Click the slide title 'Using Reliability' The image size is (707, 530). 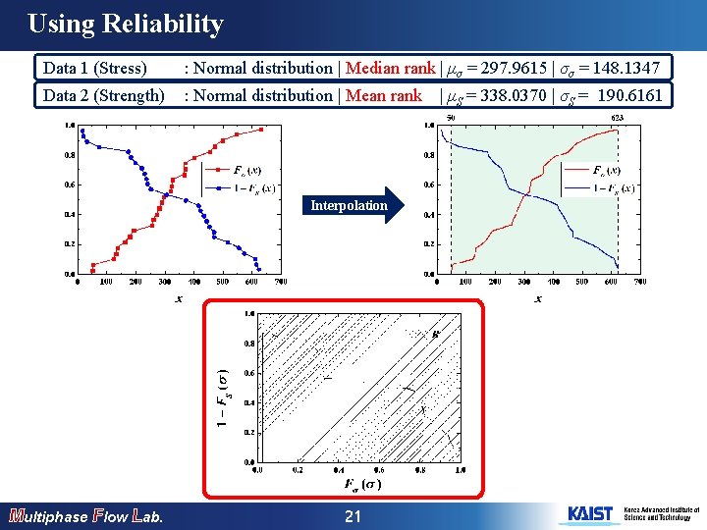126,25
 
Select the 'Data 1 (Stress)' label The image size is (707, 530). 95,68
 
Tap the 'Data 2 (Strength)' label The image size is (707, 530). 104,95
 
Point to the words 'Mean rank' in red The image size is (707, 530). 382,95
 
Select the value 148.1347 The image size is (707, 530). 629,68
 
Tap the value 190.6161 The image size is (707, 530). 631,95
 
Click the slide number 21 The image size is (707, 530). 353,516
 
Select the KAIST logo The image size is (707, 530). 589,514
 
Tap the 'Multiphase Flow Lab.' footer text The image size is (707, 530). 84,516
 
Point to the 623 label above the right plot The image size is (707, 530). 618,118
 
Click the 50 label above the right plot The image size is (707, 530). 451,118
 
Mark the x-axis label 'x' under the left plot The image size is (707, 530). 179,297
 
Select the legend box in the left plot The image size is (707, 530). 241,180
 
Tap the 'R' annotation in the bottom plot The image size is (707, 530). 435,334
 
